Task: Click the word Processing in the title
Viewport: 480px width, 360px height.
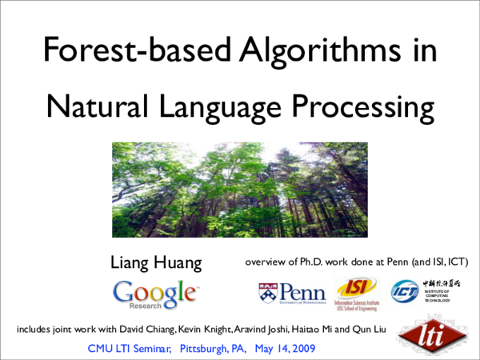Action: (x=359, y=106)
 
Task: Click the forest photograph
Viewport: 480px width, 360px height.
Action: (x=239, y=189)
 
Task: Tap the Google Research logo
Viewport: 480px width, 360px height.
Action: (x=154, y=294)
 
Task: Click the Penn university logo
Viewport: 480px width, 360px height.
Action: (x=291, y=294)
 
